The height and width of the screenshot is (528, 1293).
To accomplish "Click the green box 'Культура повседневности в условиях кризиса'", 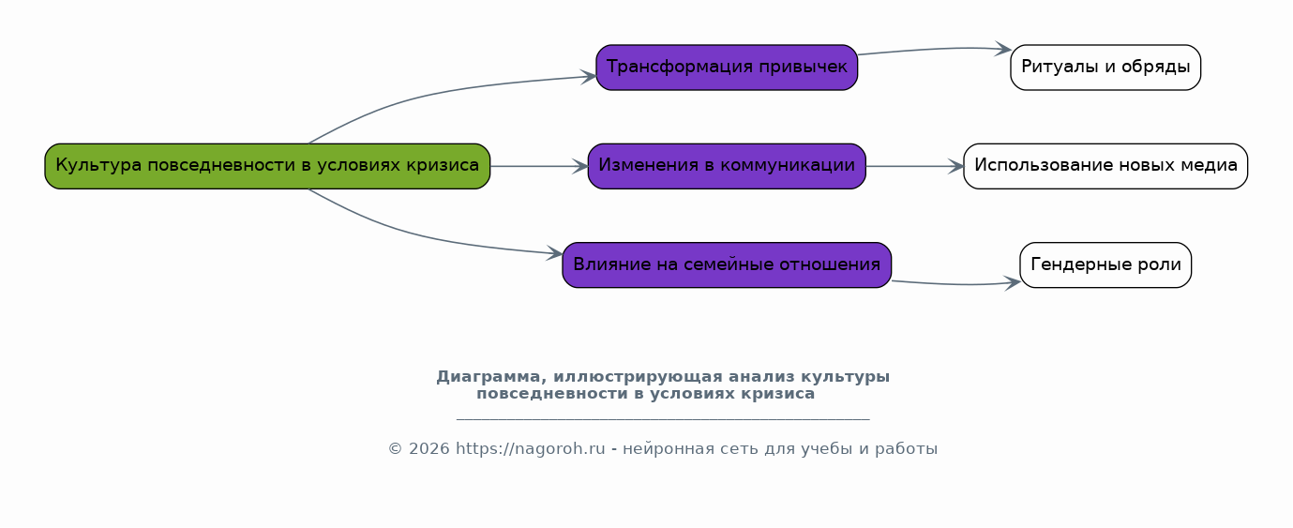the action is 267,166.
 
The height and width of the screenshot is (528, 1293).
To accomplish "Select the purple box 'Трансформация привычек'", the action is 727,68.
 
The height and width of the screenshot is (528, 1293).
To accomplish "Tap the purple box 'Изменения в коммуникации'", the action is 727,166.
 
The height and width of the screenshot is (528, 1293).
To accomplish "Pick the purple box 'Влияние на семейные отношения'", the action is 727,264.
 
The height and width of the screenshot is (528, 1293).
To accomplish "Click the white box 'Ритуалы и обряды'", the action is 1105,68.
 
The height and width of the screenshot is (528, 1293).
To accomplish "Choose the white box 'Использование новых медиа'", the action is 1105,166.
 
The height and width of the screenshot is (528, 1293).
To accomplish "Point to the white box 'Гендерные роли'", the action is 1105,264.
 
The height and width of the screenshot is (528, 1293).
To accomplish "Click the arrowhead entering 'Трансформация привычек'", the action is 589,77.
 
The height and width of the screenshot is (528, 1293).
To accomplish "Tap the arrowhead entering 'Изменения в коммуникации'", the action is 580,166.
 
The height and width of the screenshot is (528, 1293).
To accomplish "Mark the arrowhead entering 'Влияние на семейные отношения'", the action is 555,253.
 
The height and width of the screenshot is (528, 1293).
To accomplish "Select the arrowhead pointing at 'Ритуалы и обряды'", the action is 1003,50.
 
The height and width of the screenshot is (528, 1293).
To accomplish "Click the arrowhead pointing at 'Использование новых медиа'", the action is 955,166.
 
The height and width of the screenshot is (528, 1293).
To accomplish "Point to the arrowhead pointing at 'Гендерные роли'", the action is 1013,282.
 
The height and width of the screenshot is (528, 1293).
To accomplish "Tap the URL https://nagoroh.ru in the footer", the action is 531,448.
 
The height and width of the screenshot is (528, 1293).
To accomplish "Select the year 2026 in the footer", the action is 428,449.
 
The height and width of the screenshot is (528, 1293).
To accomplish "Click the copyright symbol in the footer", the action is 395,449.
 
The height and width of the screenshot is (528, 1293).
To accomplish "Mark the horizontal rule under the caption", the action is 663,419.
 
